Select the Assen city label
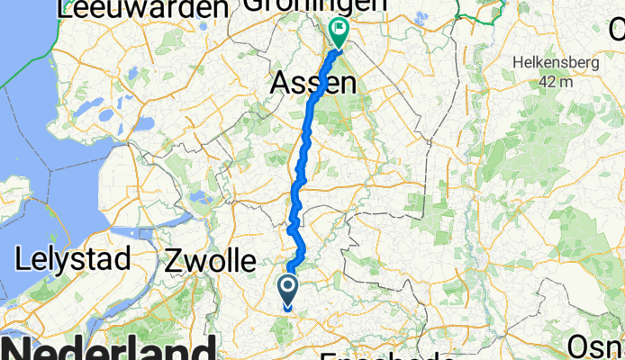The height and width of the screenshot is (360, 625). coord(313,85)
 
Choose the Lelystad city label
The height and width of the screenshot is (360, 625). coord(74,259)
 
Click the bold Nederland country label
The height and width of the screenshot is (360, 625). coord(108,349)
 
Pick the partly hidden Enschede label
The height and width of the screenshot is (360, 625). coord(387,355)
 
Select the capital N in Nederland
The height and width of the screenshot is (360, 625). coord(20,349)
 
